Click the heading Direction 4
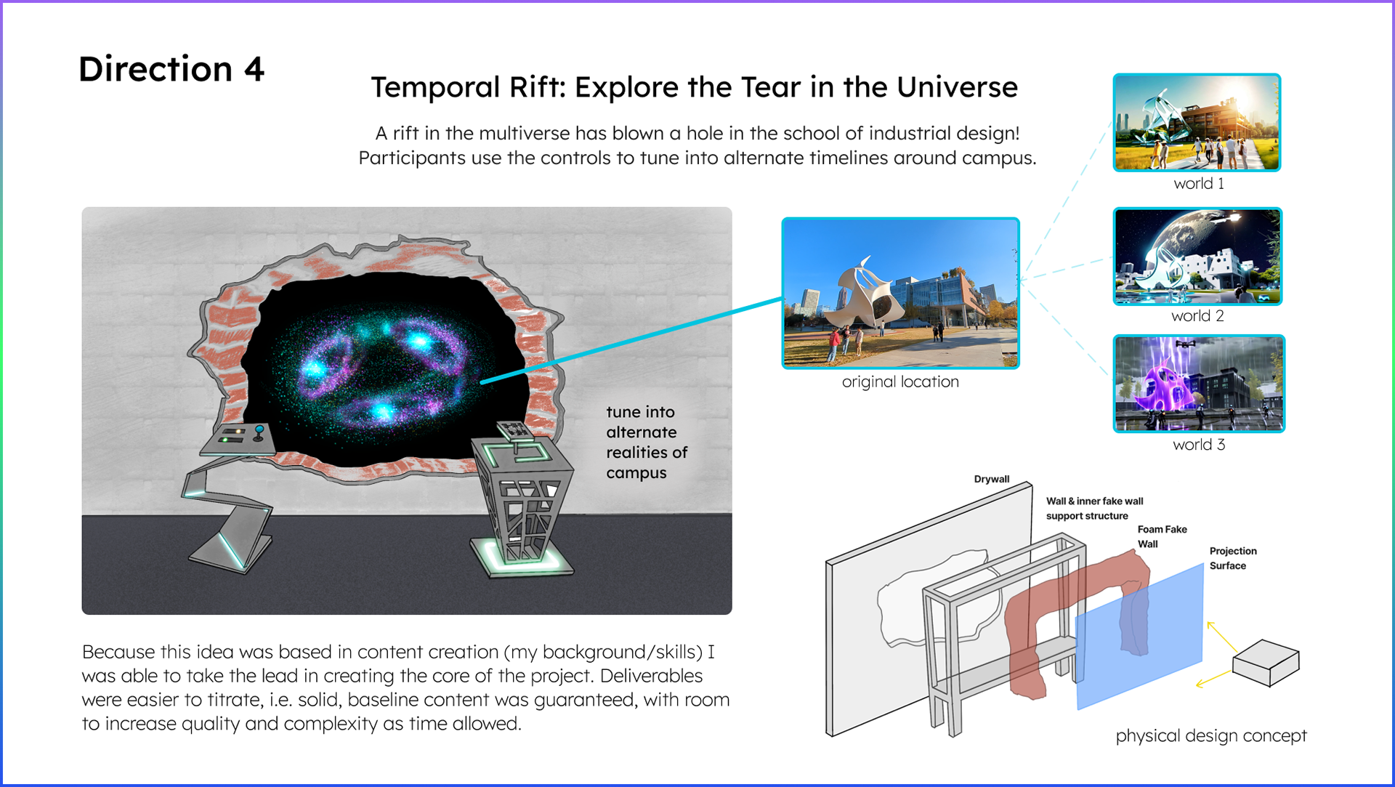pos(171,70)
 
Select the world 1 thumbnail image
pos(1197,122)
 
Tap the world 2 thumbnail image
pos(1197,256)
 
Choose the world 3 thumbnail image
pos(1199,383)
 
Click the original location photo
pos(900,293)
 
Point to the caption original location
pos(900,382)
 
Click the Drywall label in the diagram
pos(992,479)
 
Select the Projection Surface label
pos(1233,558)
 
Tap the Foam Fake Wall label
pos(1162,536)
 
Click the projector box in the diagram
pos(1266,662)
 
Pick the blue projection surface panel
pos(1139,636)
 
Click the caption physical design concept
pos(1211,735)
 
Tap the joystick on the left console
pos(259,433)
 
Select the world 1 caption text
pos(1199,183)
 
